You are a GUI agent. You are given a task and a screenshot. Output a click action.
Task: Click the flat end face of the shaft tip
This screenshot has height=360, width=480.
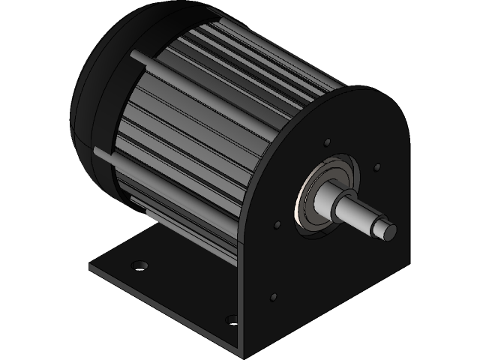click(389, 232)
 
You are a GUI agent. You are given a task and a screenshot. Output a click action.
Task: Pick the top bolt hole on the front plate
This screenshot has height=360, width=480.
click(327, 142)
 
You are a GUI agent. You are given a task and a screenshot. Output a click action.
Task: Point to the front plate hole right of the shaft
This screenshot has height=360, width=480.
click(377, 167)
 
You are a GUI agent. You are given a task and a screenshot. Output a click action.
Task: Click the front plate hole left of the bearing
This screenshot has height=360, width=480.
click(277, 223)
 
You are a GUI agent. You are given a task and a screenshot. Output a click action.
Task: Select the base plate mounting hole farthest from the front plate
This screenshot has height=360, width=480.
click(139, 265)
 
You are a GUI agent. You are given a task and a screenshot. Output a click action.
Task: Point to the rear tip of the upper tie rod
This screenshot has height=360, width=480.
click(135, 55)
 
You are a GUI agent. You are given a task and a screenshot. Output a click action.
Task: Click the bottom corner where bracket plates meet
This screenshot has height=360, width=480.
click(241, 355)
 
